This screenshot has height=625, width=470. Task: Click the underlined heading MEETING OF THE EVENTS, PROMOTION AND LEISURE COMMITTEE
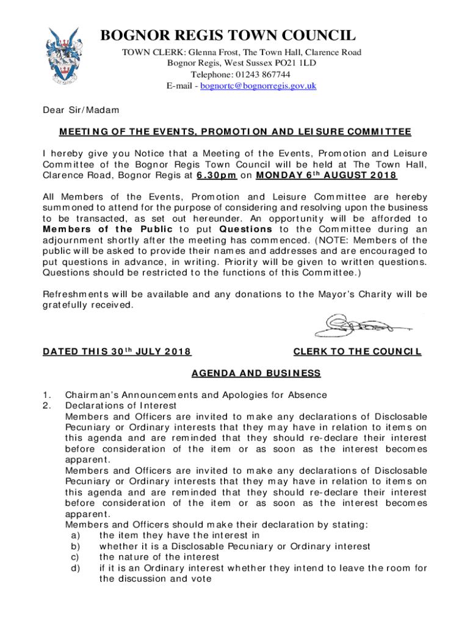click(x=235, y=132)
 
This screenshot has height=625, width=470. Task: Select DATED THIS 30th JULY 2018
click(x=117, y=352)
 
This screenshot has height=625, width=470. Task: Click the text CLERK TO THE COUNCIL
click(x=357, y=352)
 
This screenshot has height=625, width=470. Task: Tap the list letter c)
click(x=76, y=557)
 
